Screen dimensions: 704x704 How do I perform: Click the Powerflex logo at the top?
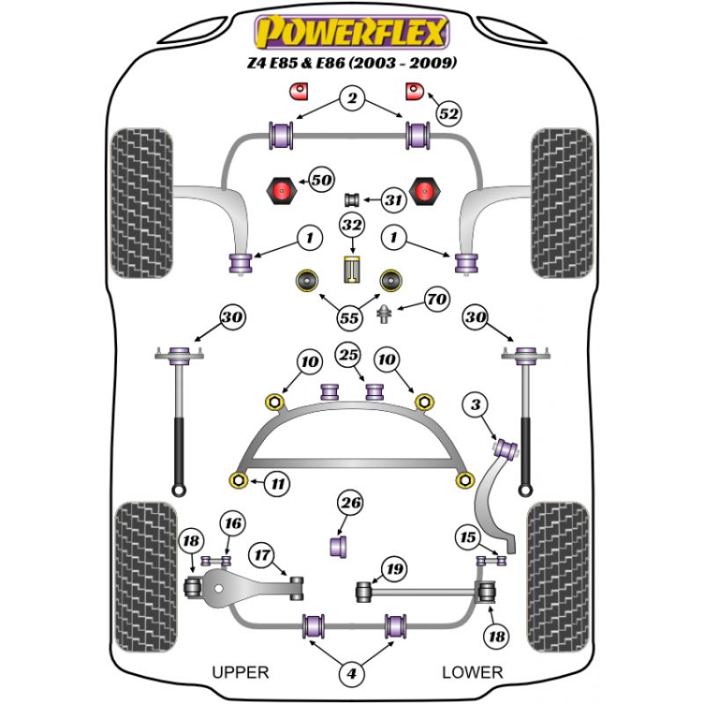point(351,33)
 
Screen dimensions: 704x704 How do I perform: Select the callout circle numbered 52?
point(449,114)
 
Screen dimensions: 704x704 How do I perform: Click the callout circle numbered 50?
point(321,180)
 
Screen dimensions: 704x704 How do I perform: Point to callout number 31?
point(393,200)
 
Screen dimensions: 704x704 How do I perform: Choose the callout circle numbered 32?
point(352,226)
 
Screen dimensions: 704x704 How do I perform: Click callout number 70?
point(436,299)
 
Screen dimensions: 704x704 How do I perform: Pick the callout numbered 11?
point(278,483)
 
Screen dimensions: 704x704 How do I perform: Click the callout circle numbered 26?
point(351,503)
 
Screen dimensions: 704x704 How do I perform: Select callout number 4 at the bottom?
point(352,675)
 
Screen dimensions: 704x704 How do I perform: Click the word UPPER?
point(240,672)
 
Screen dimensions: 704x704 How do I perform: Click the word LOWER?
point(473,672)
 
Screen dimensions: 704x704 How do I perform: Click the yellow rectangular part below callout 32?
point(352,269)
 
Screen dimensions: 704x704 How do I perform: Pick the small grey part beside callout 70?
point(385,313)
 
